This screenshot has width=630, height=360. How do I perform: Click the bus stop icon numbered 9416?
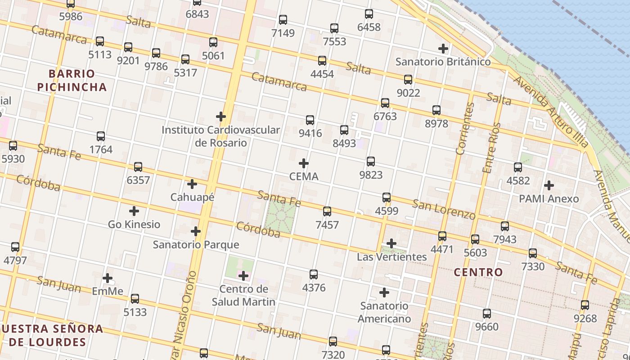click(310, 120)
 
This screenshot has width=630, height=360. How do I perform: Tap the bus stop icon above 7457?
click(327, 211)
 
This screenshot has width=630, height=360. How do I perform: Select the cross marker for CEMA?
click(304, 163)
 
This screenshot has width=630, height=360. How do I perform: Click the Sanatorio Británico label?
click(443, 62)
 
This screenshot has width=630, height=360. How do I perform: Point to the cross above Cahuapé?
click(192, 184)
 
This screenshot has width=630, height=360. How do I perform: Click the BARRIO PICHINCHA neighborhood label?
click(72, 80)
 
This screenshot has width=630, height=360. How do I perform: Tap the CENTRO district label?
click(478, 272)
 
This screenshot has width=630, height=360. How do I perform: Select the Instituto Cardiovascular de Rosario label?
click(220, 136)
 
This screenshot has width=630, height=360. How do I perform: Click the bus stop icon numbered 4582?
click(518, 167)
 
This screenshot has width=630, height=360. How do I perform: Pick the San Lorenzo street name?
click(444, 210)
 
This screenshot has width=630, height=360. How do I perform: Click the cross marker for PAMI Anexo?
click(549, 185)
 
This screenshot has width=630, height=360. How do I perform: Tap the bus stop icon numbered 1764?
click(101, 136)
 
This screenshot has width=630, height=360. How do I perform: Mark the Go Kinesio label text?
click(134, 224)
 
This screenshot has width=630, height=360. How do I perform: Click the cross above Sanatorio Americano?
click(384, 293)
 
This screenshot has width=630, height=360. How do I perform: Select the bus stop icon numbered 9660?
click(487, 314)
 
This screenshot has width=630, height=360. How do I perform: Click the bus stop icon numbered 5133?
click(135, 299)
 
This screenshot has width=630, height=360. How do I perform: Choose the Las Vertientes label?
click(391, 257)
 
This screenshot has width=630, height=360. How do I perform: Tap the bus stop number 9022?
click(408, 93)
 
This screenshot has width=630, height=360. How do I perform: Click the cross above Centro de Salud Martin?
click(243, 276)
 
